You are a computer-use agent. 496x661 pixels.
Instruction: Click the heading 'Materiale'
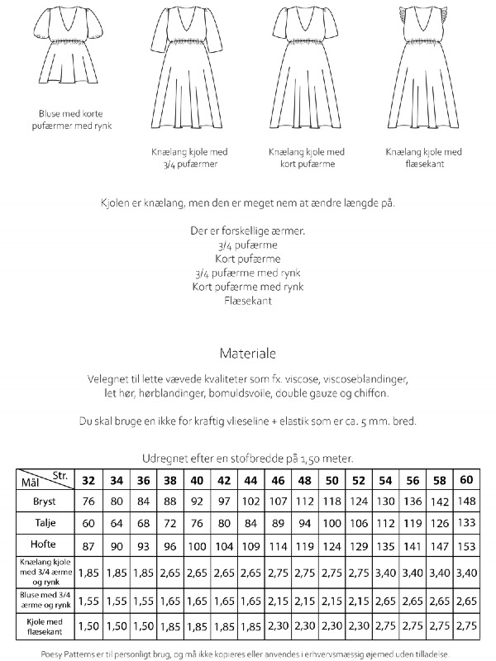248,352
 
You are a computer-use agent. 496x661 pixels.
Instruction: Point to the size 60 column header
466,480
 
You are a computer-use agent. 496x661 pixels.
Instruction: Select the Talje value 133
466,524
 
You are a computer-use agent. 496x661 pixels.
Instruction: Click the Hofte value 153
466,546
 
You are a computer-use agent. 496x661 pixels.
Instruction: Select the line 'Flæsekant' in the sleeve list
248,301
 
